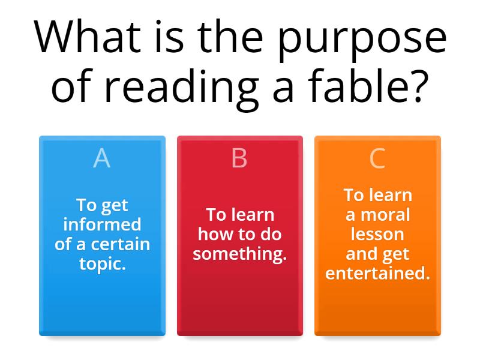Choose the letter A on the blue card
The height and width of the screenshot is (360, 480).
click(x=102, y=158)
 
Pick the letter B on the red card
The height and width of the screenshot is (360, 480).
click(x=239, y=158)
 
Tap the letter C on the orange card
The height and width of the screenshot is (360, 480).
click(x=377, y=158)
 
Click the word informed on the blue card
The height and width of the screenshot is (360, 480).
click(x=102, y=224)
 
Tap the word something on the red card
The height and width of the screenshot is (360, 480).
click(x=239, y=254)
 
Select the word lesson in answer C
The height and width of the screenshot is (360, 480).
click(x=377, y=234)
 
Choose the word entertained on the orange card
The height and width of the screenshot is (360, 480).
click(x=377, y=273)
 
